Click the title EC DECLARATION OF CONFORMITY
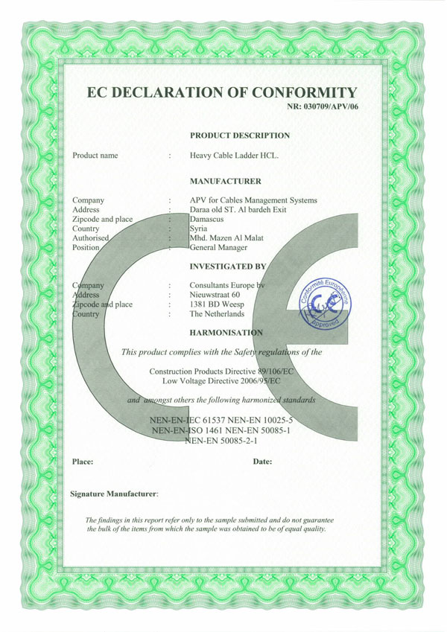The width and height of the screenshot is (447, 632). [x=223, y=93]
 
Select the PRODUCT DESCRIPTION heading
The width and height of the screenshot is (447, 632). [x=240, y=135]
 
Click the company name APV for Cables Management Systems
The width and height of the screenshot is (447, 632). [x=253, y=200]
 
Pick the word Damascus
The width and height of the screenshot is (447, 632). [x=209, y=220]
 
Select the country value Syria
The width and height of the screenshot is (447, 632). [x=200, y=229]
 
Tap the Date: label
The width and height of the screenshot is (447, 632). [x=263, y=462]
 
